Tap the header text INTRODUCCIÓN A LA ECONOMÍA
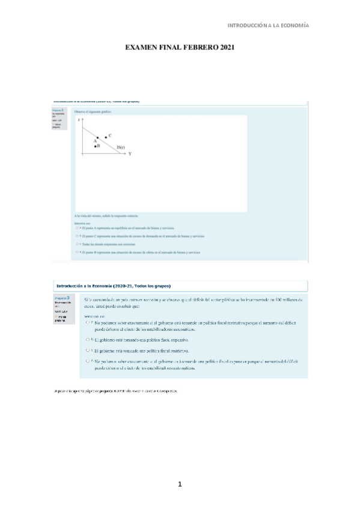tap(267, 26)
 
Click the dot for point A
tap(98, 137)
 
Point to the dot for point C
tap(106, 137)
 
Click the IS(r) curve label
tap(120, 147)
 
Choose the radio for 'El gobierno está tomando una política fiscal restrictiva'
tap(89, 350)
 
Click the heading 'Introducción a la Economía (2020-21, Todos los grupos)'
tap(114, 285)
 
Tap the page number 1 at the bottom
tap(180, 484)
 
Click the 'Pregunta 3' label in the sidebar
tap(61, 298)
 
